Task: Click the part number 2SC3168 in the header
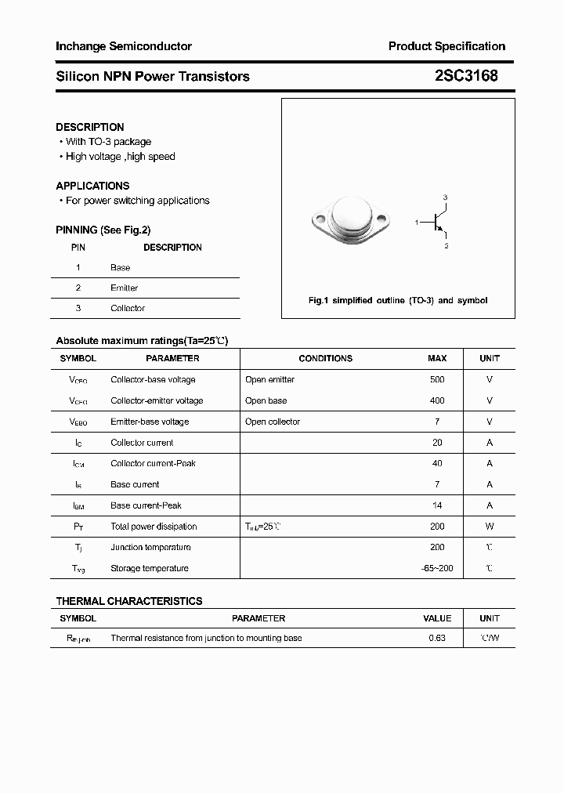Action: [x=465, y=76]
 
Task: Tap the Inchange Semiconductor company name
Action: [x=124, y=46]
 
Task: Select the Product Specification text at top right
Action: [x=446, y=46]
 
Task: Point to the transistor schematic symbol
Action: [x=436, y=222]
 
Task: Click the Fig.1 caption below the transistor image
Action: [x=398, y=301]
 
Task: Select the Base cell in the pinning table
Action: [x=121, y=268]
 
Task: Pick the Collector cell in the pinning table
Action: [x=128, y=309]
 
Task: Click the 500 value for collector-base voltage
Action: [x=437, y=380]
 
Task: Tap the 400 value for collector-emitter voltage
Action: [x=437, y=401]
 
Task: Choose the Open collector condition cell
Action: [x=273, y=422]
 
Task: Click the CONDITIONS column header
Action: [x=326, y=359]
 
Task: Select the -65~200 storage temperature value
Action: [x=437, y=569]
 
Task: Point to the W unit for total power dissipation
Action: [x=490, y=527]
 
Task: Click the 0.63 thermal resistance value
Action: [x=437, y=639]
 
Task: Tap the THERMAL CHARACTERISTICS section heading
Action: [x=129, y=602]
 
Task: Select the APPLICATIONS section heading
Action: [x=92, y=186]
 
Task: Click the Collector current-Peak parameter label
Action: [x=154, y=464]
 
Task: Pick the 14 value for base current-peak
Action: [x=437, y=506]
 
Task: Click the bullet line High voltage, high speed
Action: [x=120, y=157]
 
